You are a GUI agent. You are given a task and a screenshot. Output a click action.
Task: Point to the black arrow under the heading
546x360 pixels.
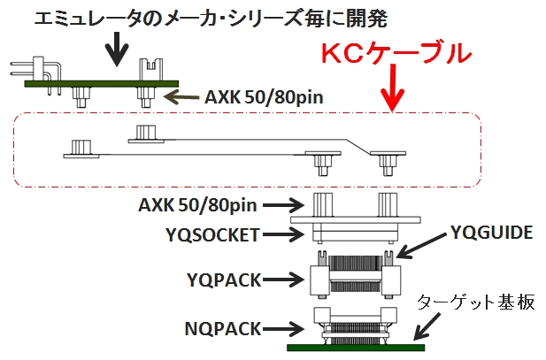(x=115, y=50)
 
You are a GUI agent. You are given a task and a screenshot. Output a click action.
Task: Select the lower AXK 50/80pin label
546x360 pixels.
(x=196, y=206)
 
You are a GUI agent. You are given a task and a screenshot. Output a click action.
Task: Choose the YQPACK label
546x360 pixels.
(x=225, y=280)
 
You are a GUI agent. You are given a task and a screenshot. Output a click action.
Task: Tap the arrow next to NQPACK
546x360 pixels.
(x=285, y=328)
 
